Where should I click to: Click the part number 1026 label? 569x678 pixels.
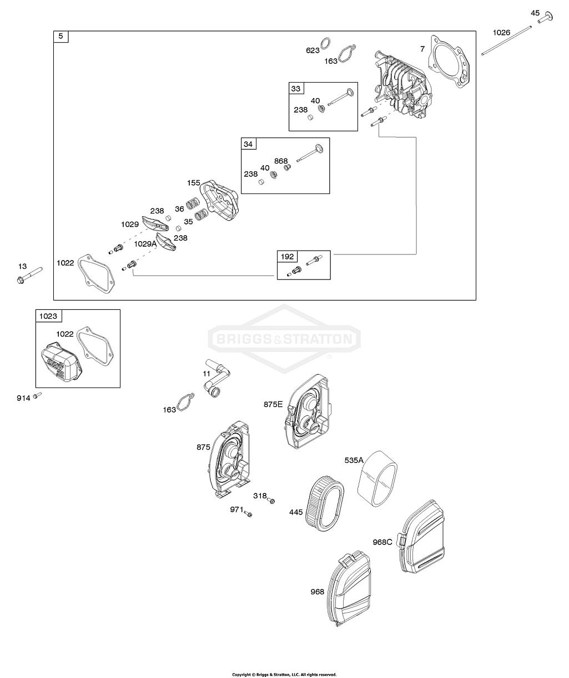pos(501,33)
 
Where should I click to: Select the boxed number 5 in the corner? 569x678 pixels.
pos(61,37)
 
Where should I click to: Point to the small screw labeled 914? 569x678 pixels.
pos(37,395)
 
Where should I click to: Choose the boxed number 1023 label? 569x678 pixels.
pos(48,317)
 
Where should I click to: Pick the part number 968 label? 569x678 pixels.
pos(317,592)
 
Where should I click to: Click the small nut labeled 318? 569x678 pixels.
pos(271,501)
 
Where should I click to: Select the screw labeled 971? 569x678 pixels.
pos(249,514)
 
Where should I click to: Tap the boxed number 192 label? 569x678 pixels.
pos(288,257)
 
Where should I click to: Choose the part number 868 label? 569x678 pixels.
pos(281,161)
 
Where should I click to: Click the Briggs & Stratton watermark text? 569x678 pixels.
pos(284,339)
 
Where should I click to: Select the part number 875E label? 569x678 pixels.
pos(273,404)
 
